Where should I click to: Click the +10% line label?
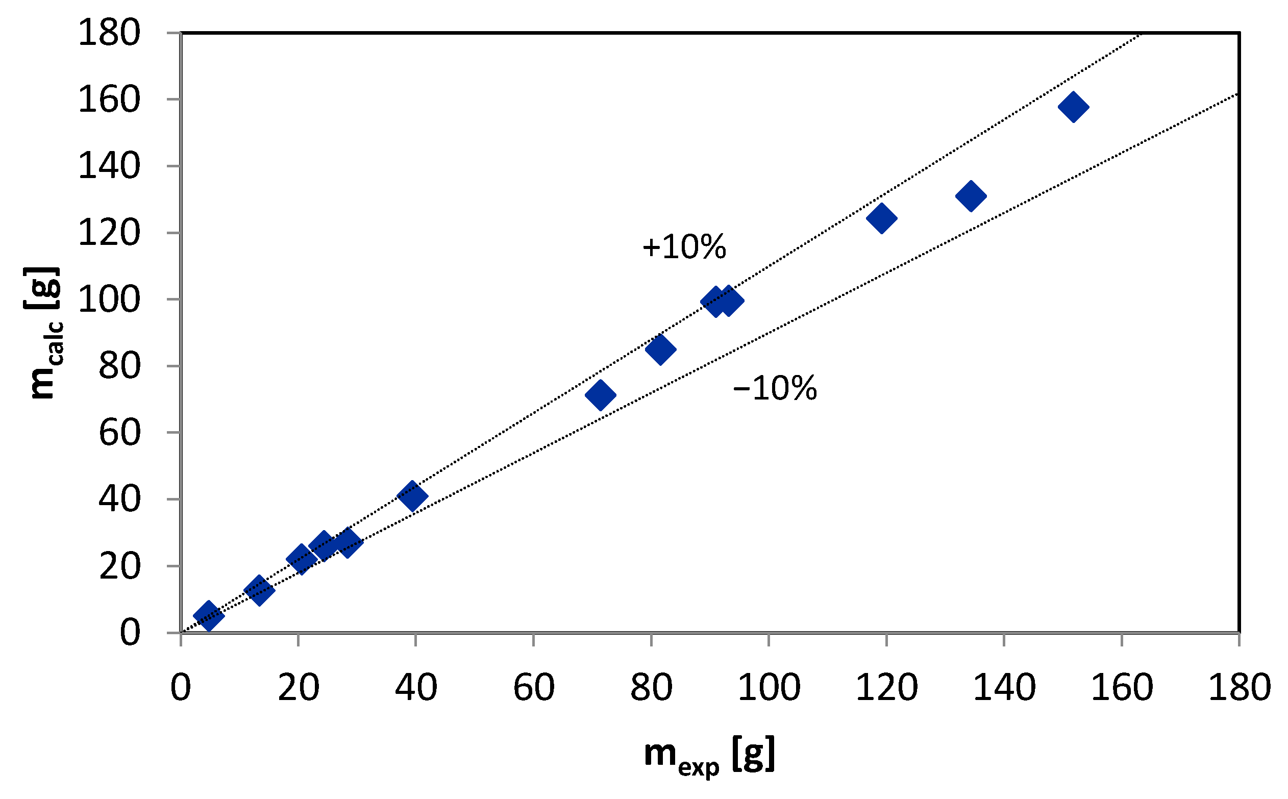(684, 247)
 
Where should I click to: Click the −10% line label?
(775, 388)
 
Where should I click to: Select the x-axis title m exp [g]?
(709, 756)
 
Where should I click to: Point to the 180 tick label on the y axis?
(109, 33)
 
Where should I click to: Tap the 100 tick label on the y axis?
(109, 299)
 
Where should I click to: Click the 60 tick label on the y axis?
(119, 433)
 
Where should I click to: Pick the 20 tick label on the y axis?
(119, 566)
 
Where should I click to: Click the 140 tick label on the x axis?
(1004, 687)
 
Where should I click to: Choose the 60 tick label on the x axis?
(534, 687)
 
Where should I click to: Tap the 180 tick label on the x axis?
(1240, 687)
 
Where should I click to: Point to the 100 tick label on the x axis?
(769, 687)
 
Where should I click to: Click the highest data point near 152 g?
(1073, 107)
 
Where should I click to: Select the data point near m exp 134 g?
(971, 196)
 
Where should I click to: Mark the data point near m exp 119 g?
(882, 218)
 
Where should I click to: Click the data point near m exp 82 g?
(661, 349)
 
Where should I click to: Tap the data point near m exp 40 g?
(412, 496)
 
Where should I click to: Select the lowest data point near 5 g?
(209, 616)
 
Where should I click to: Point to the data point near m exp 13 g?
(259, 590)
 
